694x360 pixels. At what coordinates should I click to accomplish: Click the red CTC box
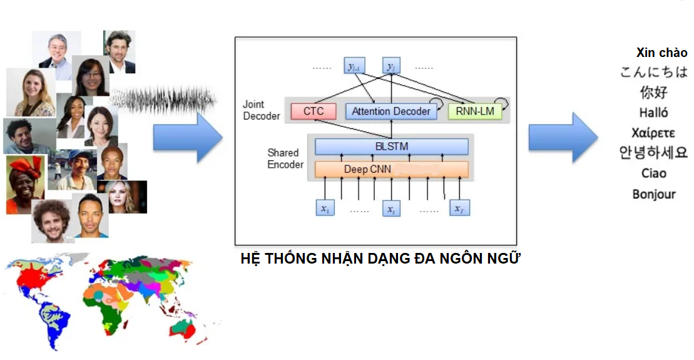coord(314,111)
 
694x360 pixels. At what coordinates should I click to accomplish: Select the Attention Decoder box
coord(391,111)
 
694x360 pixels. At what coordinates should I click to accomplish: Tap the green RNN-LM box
coord(475,111)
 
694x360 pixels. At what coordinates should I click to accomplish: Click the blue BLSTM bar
coord(392,147)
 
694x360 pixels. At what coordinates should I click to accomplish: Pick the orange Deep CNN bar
coord(392,169)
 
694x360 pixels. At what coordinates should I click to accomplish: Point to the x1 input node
coord(325,208)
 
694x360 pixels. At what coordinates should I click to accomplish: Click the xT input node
coord(459,208)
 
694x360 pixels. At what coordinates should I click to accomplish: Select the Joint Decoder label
coord(261,110)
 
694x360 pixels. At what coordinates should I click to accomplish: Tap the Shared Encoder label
coord(285,158)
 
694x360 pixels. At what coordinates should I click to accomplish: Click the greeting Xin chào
coord(661,53)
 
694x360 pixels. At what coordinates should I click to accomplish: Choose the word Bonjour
coord(654,194)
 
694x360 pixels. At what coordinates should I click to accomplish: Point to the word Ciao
coord(654,173)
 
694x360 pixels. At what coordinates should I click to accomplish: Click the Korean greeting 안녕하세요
coord(653,152)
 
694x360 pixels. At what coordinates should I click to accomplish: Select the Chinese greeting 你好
coord(654,92)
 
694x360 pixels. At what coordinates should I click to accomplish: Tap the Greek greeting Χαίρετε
coord(653,133)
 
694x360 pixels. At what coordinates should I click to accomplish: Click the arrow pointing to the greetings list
coord(563,137)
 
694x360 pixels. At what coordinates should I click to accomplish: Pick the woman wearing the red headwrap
coord(25,184)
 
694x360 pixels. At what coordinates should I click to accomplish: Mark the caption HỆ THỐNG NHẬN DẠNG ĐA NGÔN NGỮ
coord(380,259)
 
